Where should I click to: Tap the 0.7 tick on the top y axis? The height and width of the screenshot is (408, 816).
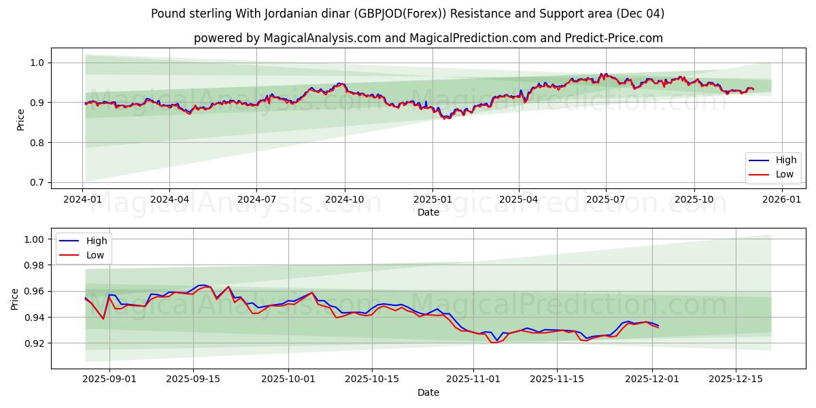pos(35,183)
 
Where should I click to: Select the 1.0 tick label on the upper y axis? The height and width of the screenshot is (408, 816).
pos(35,63)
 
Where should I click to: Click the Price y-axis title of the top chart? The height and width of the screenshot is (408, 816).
pos(20,120)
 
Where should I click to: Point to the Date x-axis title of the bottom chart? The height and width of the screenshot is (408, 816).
pos(428,392)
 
